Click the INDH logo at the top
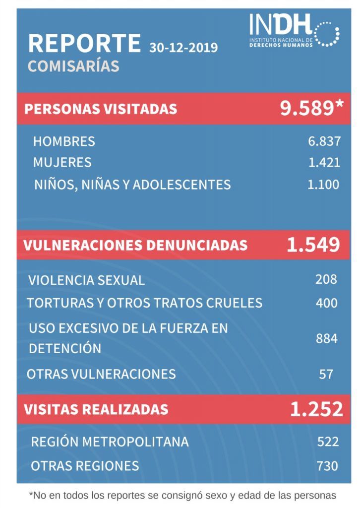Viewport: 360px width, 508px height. point(294,31)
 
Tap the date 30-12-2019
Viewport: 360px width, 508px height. point(183,48)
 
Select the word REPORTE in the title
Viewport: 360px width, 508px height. point(84,43)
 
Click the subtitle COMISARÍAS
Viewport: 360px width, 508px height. point(73,66)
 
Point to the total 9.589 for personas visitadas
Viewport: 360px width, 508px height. point(311,108)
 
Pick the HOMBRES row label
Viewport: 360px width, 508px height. point(64,141)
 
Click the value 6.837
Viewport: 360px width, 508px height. point(324,141)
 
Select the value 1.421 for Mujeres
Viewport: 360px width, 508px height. point(324,162)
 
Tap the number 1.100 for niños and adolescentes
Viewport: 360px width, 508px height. point(323,185)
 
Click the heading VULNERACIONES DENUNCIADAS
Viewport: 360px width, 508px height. point(135,245)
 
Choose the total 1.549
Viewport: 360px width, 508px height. point(313,245)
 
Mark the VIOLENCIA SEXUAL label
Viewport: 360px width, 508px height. point(86,281)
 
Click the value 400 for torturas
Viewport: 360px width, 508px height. point(327,303)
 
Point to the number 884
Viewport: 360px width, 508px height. point(327,338)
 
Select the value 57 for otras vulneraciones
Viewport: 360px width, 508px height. point(326,374)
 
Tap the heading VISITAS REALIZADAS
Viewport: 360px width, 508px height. point(96,409)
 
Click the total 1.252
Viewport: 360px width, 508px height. point(316,409)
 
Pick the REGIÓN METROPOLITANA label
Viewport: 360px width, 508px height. point(110,442)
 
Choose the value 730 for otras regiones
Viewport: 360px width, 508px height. point(327,466)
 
